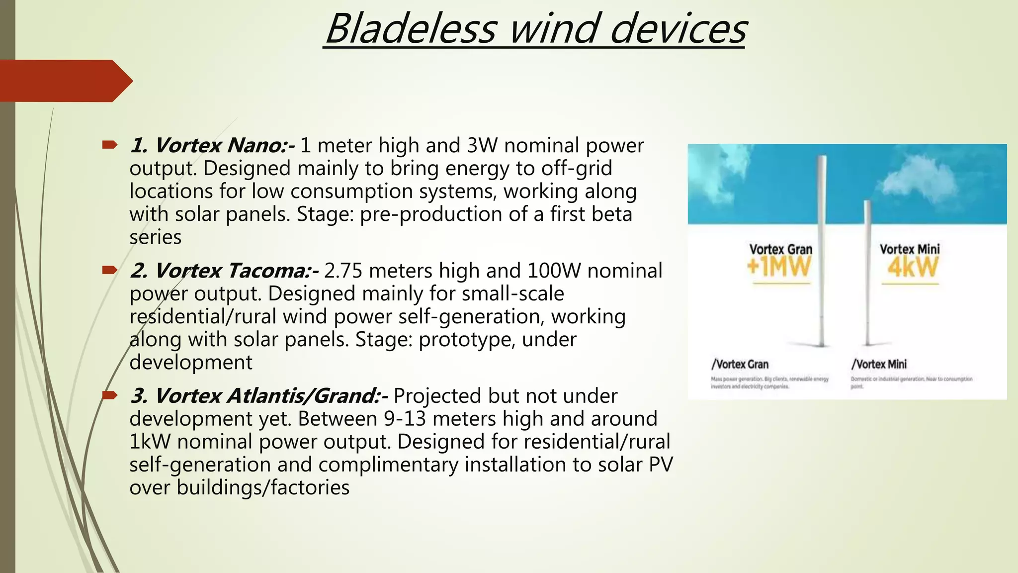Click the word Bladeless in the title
point(411,29)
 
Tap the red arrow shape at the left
point(65,81)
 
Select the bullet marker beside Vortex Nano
point(109,145)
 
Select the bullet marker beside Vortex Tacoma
point(109,271)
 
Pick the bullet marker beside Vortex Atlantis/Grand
point(109,396)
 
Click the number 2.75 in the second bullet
point(343,271)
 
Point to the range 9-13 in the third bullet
point(405,419)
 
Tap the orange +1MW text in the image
point(779,267)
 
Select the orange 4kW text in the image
point(913,268)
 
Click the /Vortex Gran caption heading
point(740,364)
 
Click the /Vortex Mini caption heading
point(879,364)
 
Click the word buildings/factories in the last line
point(263,487)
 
